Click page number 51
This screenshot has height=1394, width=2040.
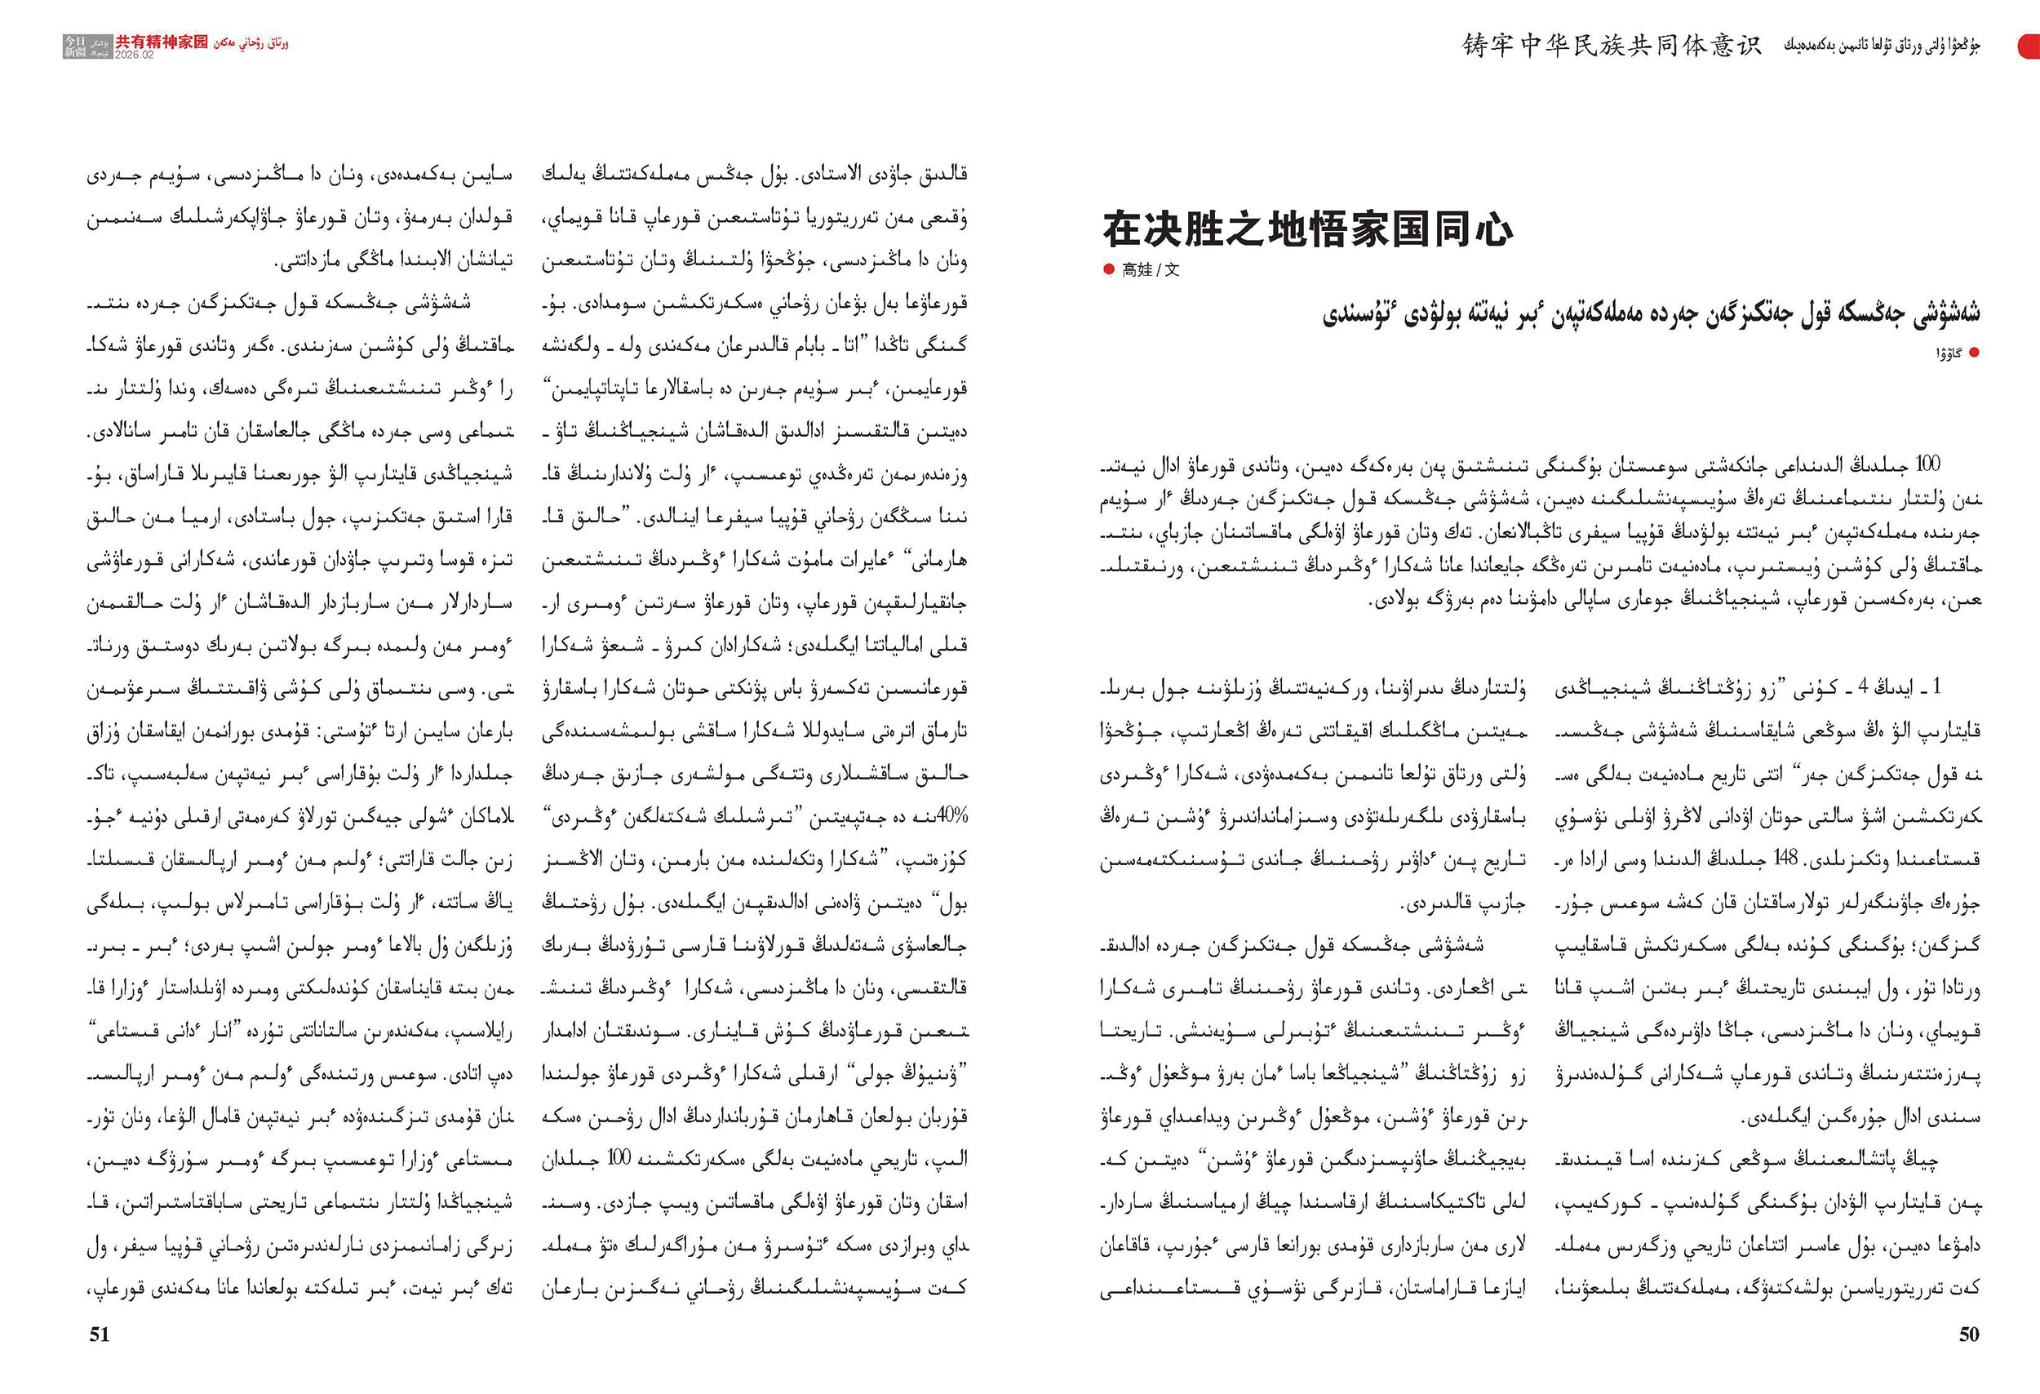tap(100, 1334)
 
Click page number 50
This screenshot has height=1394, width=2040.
tap(1969, 1334)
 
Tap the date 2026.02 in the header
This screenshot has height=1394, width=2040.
tap(135, 55)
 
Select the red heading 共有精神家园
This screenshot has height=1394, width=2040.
tap(162, 42)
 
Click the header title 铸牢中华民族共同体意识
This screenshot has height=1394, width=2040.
tap(1612, 45)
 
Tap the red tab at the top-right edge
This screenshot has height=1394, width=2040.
tap(2029, 46)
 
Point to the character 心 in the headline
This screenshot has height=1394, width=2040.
tap(1492, 230)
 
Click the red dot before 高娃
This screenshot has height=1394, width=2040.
tap(1109, 269)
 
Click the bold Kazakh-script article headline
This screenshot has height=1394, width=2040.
tap(1650, 313)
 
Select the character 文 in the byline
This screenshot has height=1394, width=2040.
tap(1172, 270)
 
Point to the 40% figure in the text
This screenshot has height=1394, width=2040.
tap(951, 815)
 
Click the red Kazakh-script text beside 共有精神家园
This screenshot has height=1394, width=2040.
tap(251, 42)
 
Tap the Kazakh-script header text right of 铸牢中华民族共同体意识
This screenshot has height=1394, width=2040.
tap(1881, 46)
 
